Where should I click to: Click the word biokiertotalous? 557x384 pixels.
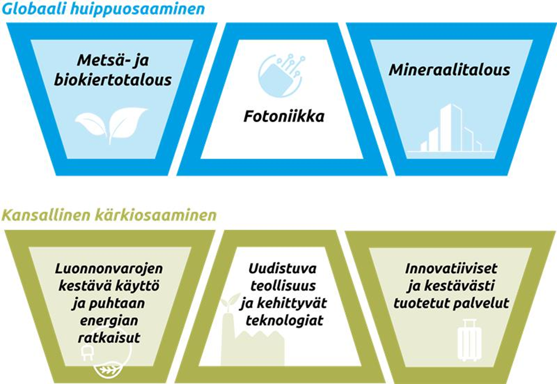(x=125, y=80)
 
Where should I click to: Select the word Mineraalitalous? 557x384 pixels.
(x=450, y=70)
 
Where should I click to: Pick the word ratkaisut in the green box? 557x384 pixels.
(x=109, y=337)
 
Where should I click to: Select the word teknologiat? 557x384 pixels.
(x=284, y=321)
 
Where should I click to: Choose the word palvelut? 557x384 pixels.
(x=485, y=303)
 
